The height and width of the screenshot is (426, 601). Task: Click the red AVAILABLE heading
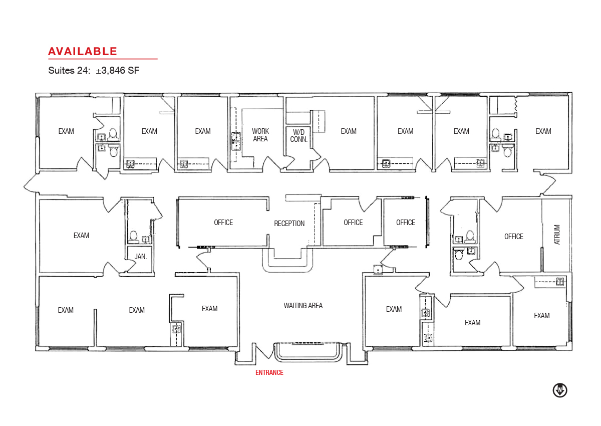(83, 51)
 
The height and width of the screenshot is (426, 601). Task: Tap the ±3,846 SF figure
(118, 70)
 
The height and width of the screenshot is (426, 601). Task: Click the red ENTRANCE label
(269, 372)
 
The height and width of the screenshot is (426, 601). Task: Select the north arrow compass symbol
(560, 390)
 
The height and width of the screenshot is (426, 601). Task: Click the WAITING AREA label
(303, 306)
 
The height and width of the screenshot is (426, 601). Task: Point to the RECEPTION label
(289, 224)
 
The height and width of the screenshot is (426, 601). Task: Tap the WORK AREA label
(260, 135)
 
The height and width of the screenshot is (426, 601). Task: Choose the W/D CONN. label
(298, 135)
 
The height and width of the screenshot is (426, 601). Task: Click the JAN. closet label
(141, 257)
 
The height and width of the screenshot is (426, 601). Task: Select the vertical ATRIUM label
(557, 235)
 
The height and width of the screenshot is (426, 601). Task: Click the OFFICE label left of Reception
(223, 222)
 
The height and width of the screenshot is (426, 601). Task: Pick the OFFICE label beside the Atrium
(513, 236)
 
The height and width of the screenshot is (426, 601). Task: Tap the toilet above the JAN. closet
(133, 237)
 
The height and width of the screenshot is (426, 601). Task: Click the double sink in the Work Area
(236, 141)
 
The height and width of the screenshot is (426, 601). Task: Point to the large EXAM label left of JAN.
(81, 236)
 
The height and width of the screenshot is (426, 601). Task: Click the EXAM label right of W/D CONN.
(349, 131)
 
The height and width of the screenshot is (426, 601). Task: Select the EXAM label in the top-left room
(66, 131)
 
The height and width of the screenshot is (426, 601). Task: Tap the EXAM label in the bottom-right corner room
(542, 315)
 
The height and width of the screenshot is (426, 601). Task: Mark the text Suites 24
(69, 70)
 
